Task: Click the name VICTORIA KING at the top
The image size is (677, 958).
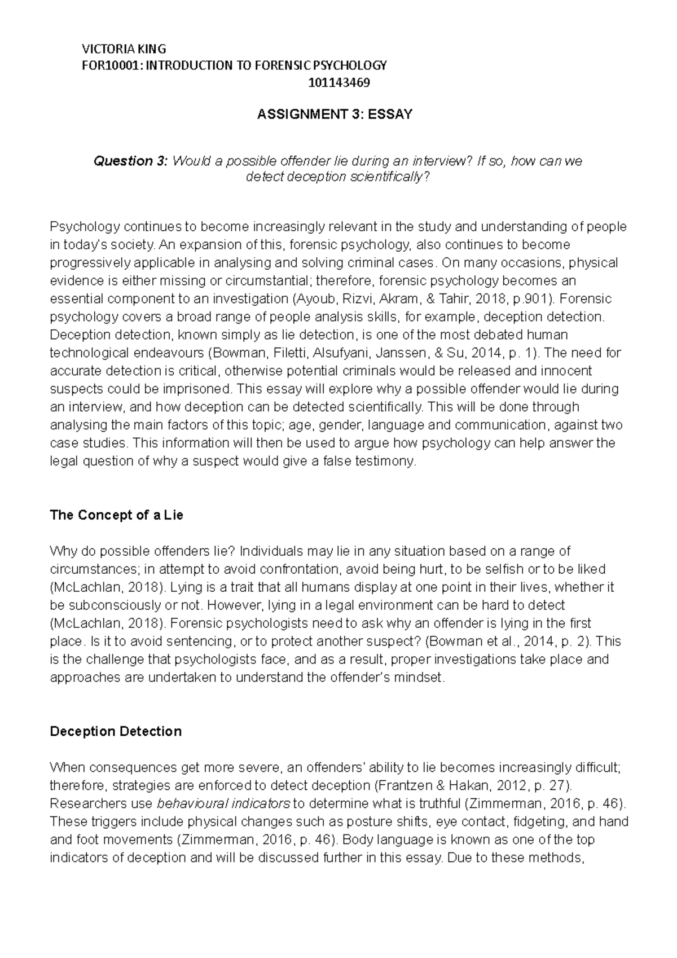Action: pyautogui.click(x=124, y=49)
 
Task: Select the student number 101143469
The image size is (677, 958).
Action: pyautogui.click(x=339, y=83)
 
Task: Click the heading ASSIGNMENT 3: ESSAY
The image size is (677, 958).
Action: pyautogui.click(x=335, y=115)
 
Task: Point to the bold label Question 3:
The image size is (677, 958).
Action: pyautogui.click(x=130, y=161)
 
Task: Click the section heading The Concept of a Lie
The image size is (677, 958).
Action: pyautogui.click(x=116, y=515)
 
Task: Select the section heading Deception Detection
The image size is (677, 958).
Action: pyautogui.click(x=116, y=732)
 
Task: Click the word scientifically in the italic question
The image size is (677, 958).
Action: pyautogui.click(x=386, y=177)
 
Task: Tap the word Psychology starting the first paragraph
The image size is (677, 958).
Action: pyautogui.click(x=85, y=227)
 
